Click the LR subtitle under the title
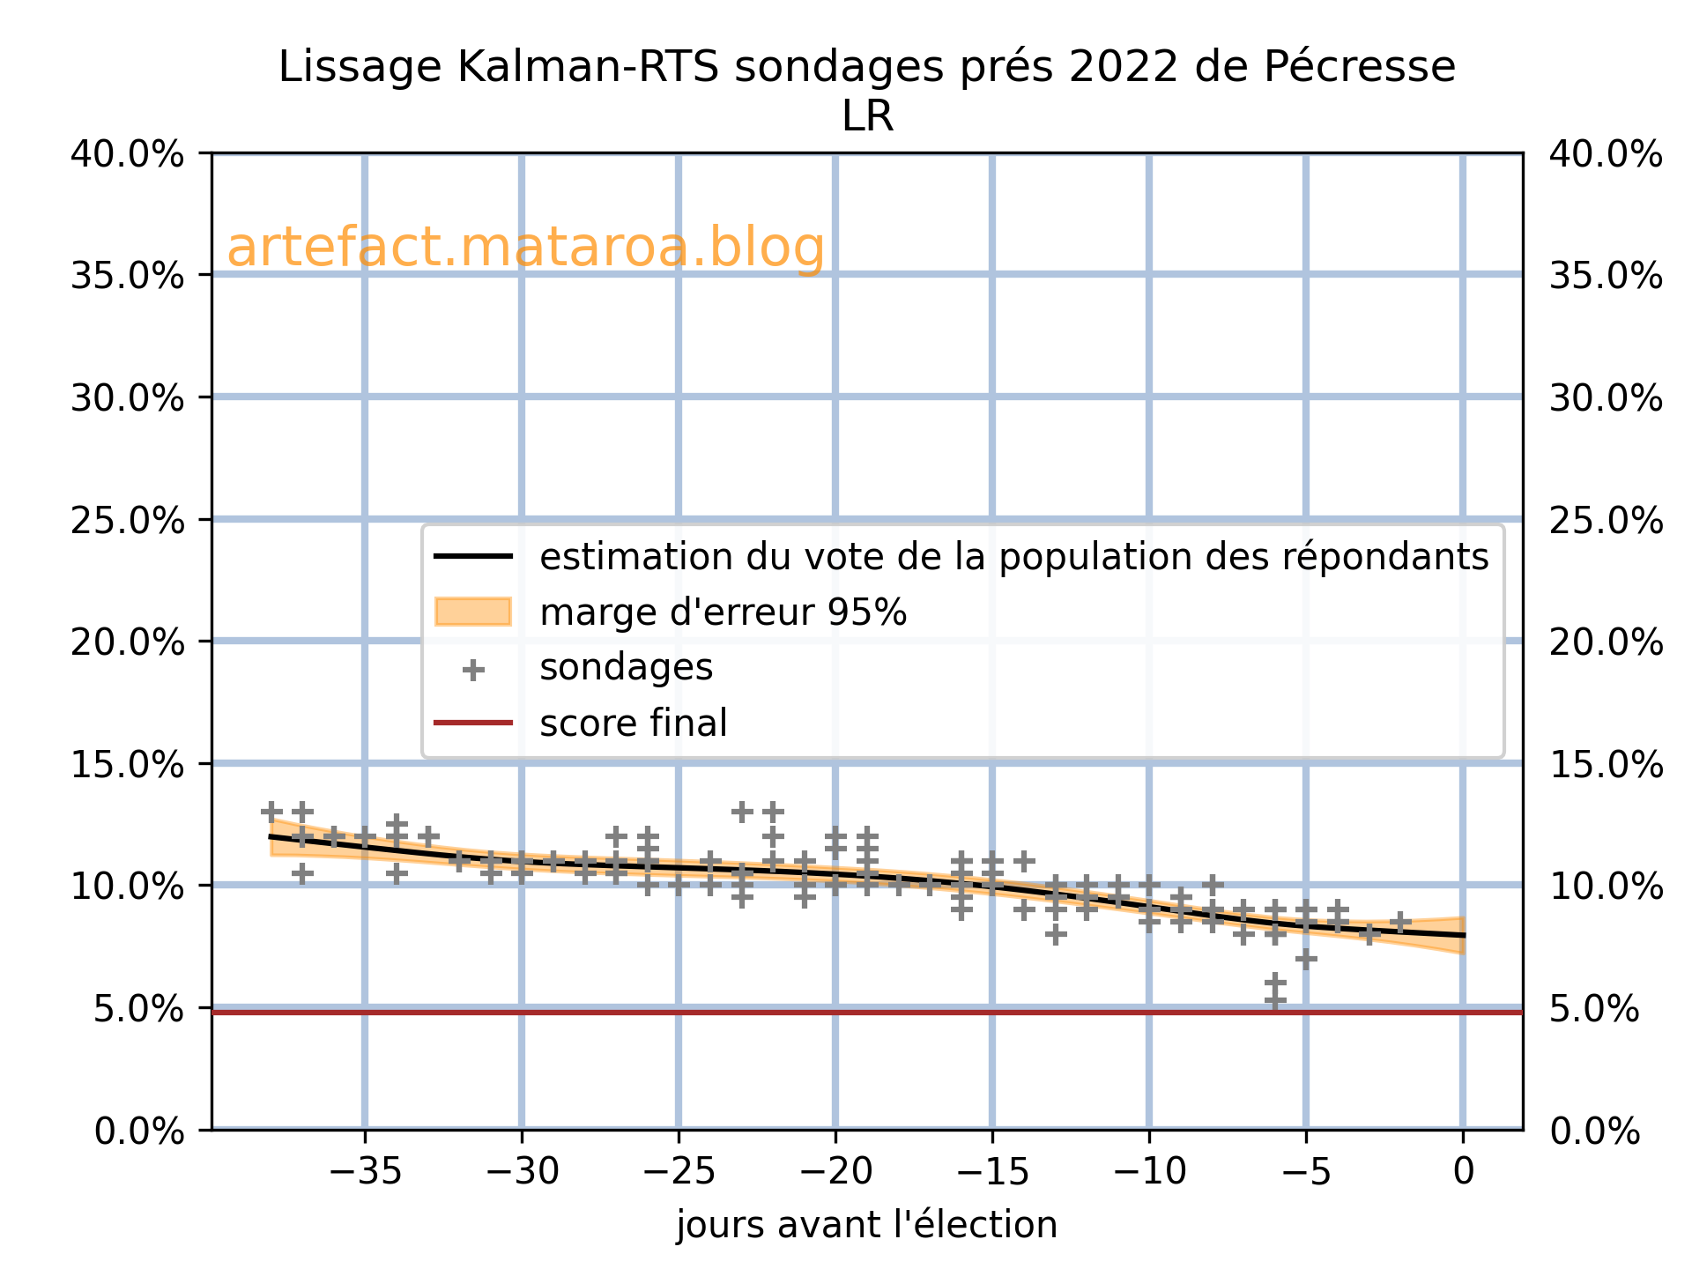pyautogui.click(x=867, y=117)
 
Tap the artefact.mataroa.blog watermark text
pyautogui.click(x=525, y=248)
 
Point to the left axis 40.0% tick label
pyautogui.click(x=127, y=155)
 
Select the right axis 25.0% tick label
pyautogui.click(x=1606, y=521)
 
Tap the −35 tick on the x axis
pyautogui.click(x=365, y=1172)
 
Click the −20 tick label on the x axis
pyautogui.click(x=835, y=1172)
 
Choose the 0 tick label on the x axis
pyautogui.click(x=1463, y=1172)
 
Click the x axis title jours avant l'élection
pyautogui.click(x=866, y=1226)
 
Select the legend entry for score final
pyautogui.click(x=633, y=724)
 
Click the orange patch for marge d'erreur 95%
pyautogui.click(x=473, y=612)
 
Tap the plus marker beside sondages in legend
pyautogui.click(x=473, y=671)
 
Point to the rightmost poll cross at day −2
pyautogui.click(x=1400, y=922)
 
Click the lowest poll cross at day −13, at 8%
pyautogui.click(x=1056, y=934)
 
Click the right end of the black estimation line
pyautogui.click(x=1463, y=935)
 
